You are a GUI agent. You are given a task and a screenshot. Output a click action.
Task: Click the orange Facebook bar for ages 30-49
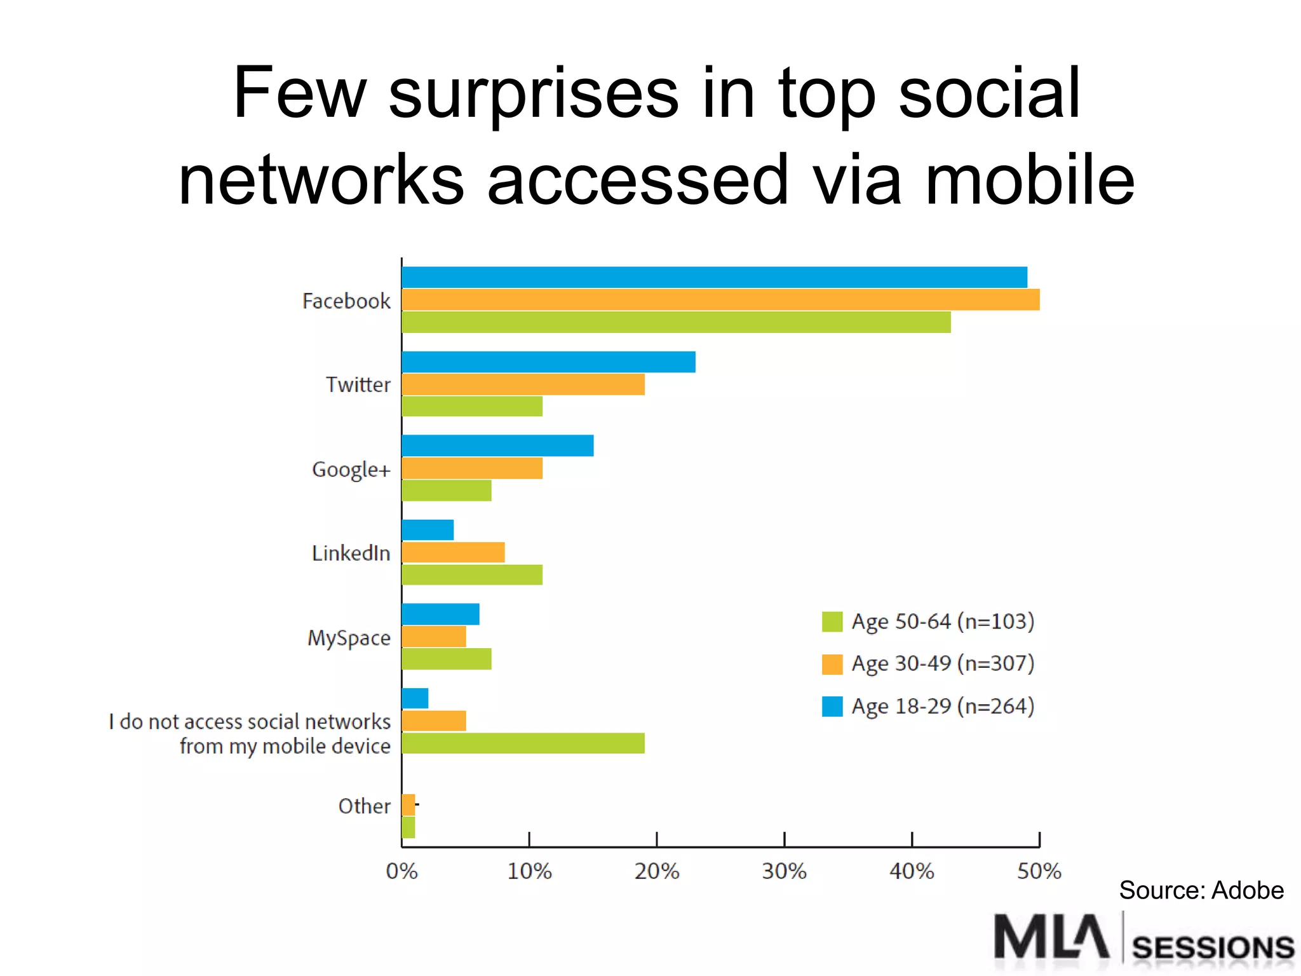coord(720,299)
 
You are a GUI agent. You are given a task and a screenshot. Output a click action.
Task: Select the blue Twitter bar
coord(548,362)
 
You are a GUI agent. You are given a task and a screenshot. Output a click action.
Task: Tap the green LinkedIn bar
coord(472,574)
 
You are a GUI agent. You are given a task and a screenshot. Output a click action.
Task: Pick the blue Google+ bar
coord(497,445)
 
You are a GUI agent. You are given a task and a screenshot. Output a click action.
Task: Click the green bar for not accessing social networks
coord(523,743)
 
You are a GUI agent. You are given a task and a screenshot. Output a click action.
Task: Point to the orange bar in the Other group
coord(408,804)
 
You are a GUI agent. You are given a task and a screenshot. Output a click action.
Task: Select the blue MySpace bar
coord(440,614)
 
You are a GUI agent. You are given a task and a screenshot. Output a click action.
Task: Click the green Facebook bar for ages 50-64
coord(676,322)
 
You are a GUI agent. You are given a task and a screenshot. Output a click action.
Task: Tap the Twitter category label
coord(358,384)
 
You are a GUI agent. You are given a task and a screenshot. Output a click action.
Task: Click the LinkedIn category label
coord(351,553)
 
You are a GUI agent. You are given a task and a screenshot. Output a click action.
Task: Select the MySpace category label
coord(349,637)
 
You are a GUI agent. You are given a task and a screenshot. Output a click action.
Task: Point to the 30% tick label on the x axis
coord(784,871)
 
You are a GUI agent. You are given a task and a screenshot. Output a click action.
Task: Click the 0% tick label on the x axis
coord(401,871)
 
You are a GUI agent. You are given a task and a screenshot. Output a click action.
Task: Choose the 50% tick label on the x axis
coord(1039,871)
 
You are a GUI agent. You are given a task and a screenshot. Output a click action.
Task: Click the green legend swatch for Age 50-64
coord(832,621)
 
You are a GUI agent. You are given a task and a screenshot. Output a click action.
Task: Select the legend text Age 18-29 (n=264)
coord(943,706)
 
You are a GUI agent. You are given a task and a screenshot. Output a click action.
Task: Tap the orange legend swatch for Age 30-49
coord(832,664)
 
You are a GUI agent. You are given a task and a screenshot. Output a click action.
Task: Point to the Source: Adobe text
coord(1201,890)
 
